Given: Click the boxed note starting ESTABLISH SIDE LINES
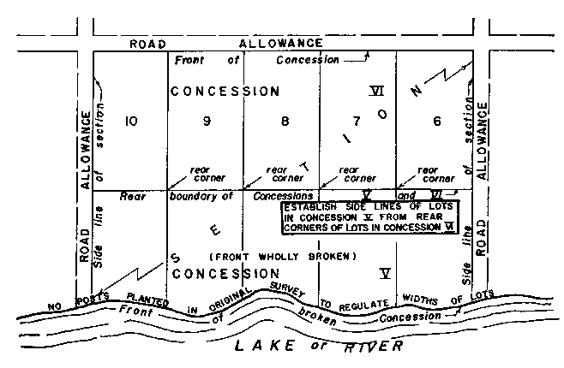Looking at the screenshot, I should pos(370,217).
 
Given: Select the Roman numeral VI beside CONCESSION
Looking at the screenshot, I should pos(375,90).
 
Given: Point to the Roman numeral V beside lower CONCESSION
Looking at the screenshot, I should pos(385,274).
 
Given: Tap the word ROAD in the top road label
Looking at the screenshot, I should pos(147,43).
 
